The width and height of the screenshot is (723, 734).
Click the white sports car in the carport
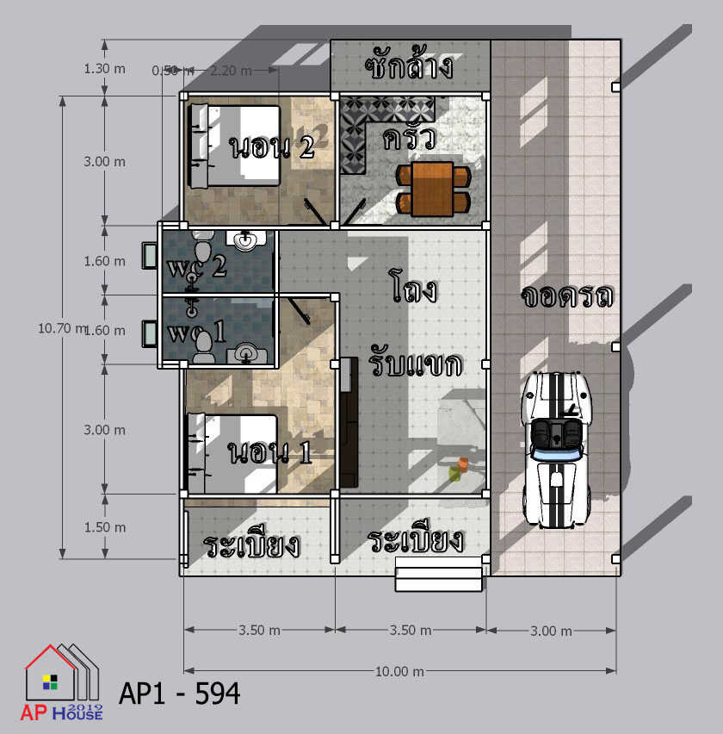point(557,451)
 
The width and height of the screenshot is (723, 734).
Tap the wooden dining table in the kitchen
point(433,190)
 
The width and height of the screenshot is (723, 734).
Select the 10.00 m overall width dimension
point(400,672)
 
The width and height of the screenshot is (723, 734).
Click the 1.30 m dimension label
point(105,69)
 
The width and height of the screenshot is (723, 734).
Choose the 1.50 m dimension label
point(105,527)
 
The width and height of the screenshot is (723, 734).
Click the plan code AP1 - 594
point(180,694)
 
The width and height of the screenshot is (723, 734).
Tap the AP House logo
point(62,681)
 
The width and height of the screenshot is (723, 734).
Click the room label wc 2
point(197,267)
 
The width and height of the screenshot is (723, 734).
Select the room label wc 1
point(196,332)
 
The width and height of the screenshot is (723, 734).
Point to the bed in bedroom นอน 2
point(235,146)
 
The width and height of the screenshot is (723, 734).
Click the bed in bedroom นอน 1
point(232,454)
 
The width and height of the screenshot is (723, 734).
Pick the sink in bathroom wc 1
point(246,353)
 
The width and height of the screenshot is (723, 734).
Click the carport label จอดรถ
point(567,295)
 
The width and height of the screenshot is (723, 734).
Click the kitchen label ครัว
point(409,138)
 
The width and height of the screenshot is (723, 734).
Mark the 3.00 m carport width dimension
point(552,631)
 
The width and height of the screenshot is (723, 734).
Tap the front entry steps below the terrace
point(438,574)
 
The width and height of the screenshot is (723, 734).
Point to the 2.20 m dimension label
point(231,71)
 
